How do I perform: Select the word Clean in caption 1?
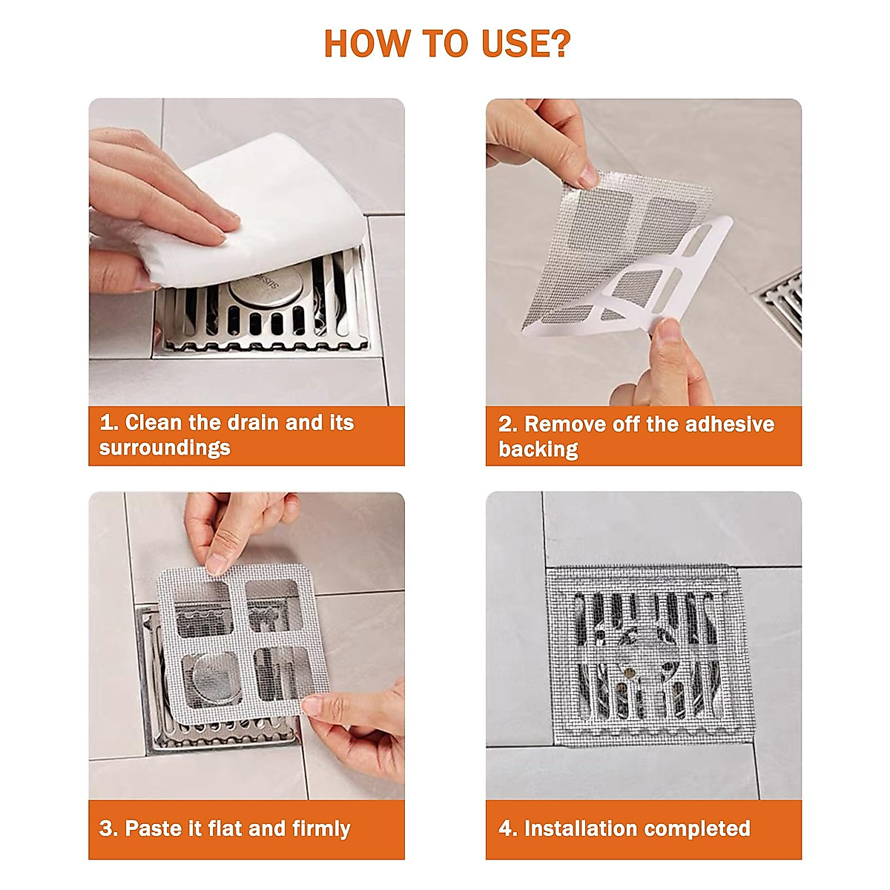click(153, 423)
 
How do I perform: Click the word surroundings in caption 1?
click(165, 448)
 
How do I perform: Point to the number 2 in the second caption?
click(506, 424)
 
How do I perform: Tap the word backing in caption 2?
click(538, 449)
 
